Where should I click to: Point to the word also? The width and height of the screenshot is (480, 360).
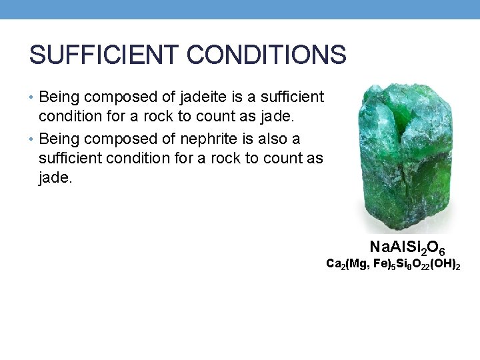coord(269,139)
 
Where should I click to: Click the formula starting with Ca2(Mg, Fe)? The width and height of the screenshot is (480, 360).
coord(393,265)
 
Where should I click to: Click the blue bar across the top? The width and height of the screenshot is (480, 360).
coord(240,9)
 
